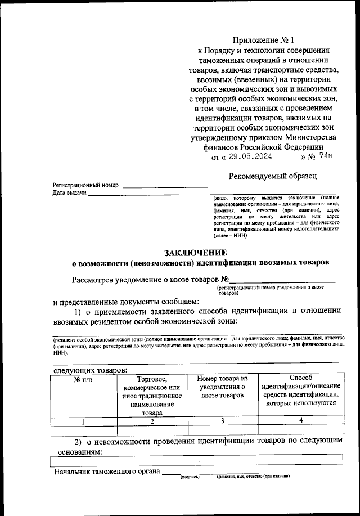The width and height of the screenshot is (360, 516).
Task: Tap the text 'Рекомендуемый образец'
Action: (272, 176)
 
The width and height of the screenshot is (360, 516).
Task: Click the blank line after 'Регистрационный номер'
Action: (165, 185)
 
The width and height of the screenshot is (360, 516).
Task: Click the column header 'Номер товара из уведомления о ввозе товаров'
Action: (222, 387)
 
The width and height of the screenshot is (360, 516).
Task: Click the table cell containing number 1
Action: (84, 421)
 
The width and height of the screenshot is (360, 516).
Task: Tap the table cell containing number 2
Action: (152, 421)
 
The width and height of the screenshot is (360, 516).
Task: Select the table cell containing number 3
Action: (222, 421)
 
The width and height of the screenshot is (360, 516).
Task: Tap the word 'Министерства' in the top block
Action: (305, 138)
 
